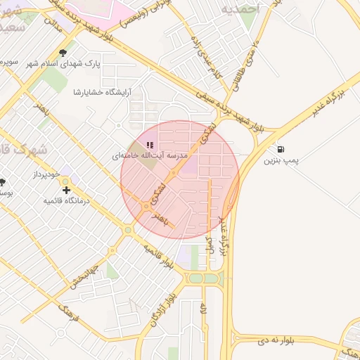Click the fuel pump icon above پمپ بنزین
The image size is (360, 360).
(x=282, y=150)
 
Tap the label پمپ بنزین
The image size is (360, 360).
(x=281, y=161)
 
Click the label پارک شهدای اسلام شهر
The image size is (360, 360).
(x=64, y=63)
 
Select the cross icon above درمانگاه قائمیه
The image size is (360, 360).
(x=67, y=190)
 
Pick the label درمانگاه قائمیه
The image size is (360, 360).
(x=67, y=200)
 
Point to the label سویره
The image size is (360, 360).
(x=8, y=62)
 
